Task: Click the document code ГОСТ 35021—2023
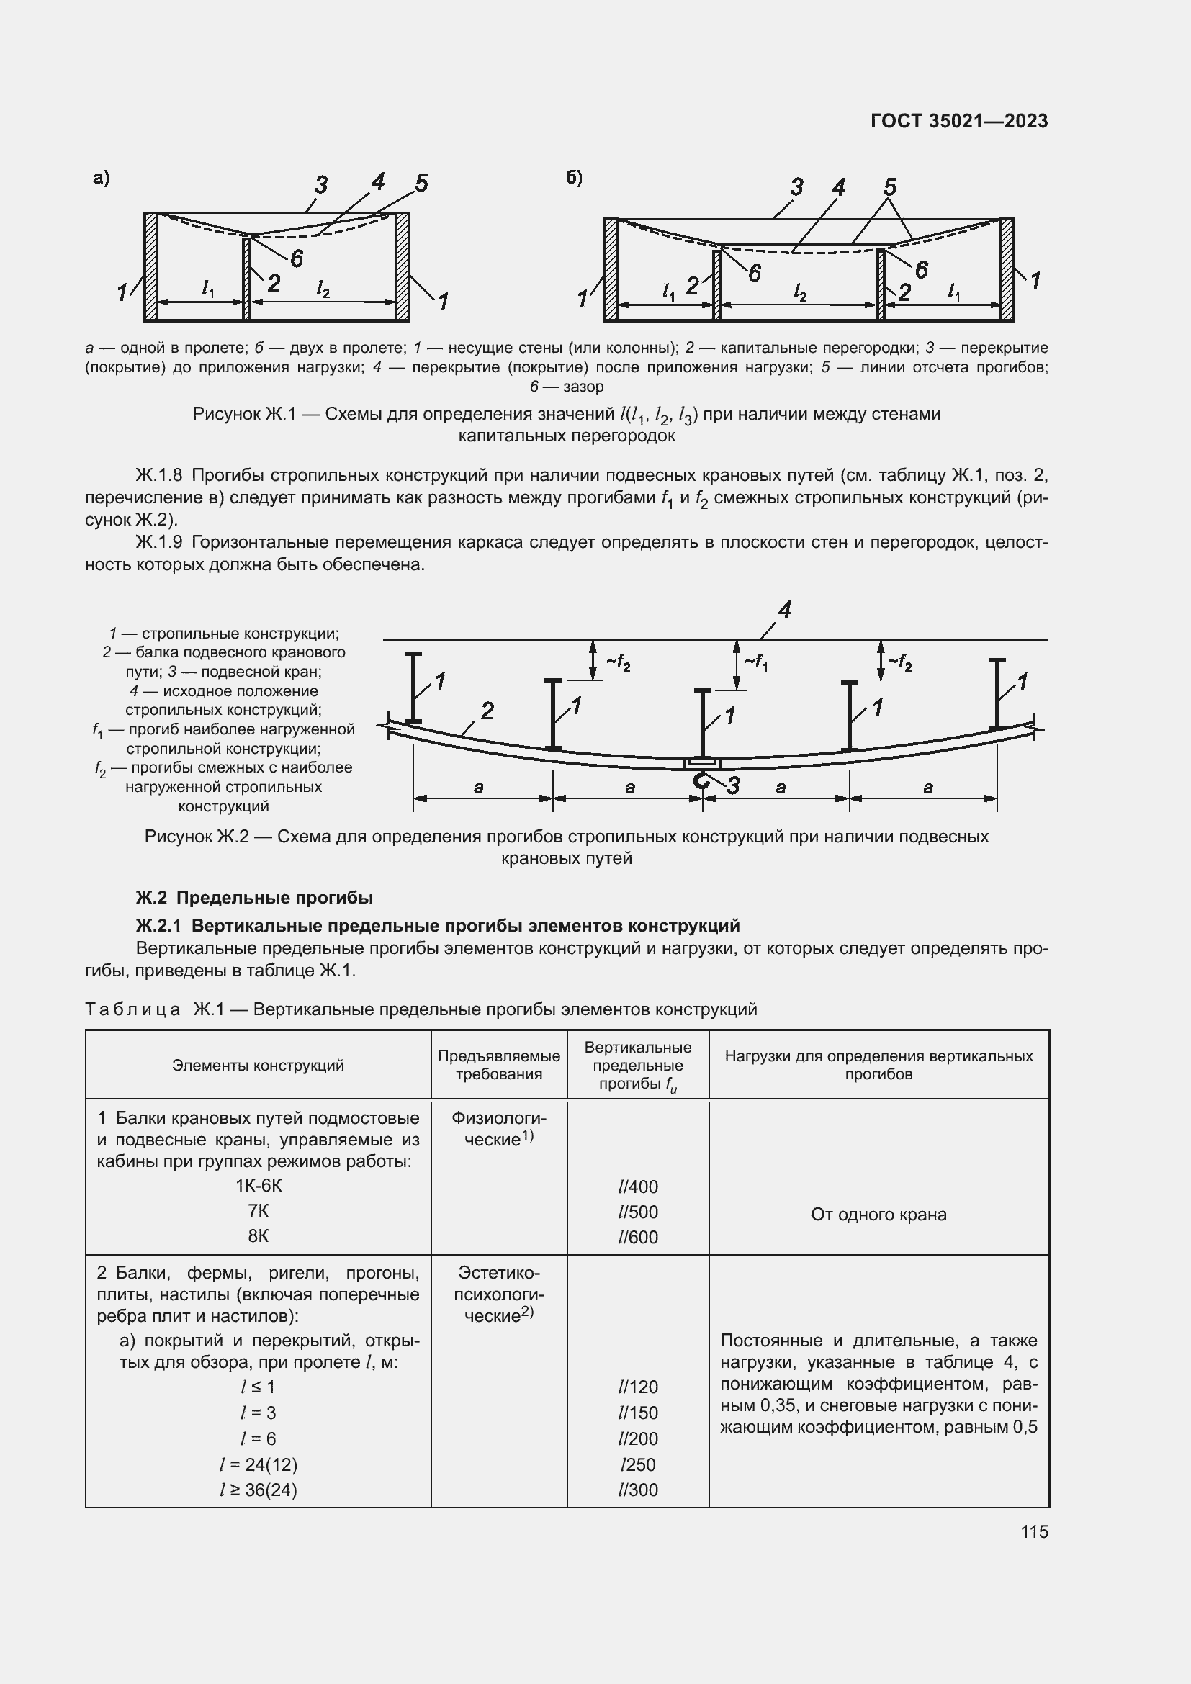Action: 958,121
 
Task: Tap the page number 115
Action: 1034,1531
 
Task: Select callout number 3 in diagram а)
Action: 320,185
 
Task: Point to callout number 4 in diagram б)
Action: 838,188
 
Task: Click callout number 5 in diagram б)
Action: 889,186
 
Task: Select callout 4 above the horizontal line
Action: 784,611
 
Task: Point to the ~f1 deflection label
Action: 755,662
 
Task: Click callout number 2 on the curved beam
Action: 487,710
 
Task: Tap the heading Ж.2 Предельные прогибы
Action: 254,897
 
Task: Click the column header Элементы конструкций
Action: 259,1065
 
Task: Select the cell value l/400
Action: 638,1187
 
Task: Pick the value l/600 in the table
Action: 638,1237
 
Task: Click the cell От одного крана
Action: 878,1214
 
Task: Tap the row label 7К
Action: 259,1211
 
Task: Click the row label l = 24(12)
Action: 259,1464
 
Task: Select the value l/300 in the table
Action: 638,1490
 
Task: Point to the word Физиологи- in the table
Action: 499,1118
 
